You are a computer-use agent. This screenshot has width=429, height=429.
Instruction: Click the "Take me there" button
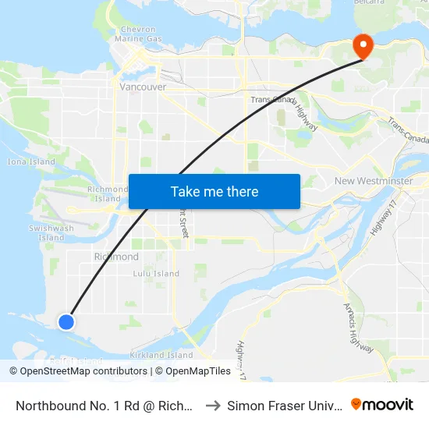tap(214, 192)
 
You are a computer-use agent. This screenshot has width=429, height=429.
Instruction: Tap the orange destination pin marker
tap(363, 45)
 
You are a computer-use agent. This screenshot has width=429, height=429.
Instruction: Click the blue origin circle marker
tap(66, 321)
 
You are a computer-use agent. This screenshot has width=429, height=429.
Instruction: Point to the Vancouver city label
tap(143, 87)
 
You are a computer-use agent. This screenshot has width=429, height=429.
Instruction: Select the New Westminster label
tap(373, 181)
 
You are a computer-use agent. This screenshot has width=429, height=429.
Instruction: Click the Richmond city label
tap(116, 257)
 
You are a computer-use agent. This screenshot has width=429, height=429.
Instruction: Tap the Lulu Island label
tap(156, 274)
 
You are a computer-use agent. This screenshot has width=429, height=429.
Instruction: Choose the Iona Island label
tap(31, 162)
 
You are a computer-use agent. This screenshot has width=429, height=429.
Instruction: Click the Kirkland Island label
tap(161, 355)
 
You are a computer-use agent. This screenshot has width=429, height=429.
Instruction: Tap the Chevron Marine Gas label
tap(138, 34)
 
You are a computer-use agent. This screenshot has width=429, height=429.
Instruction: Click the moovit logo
tap(387, 405)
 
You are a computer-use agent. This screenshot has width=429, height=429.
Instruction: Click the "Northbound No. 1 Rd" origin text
tap(105, 406)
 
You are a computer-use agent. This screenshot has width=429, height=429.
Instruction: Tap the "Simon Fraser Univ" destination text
tap(282, 406)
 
